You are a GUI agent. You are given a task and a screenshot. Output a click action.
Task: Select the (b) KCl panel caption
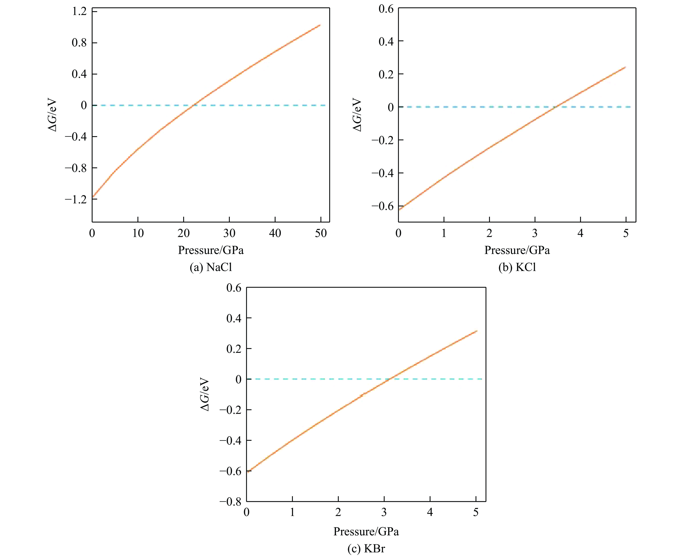[x=517, y=267]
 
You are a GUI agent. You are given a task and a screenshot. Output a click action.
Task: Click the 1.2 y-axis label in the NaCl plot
[x=79, y=12]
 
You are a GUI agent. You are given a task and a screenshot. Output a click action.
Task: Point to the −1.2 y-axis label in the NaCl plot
[x=76, y=199]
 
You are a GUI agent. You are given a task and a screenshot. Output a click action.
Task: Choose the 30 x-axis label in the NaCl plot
[x=229, y=233]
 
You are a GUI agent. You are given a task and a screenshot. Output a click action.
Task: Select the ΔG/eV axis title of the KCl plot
[x=357, y=115]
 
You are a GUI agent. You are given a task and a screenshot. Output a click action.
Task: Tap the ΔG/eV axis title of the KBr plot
[x=205, y=395]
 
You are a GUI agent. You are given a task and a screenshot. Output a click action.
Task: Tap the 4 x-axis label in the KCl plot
[x=580, y=233]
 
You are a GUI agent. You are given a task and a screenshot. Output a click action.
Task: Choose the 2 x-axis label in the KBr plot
[x=338, y=513]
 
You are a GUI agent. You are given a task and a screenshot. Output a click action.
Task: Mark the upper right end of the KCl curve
[x=625, y=67]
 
